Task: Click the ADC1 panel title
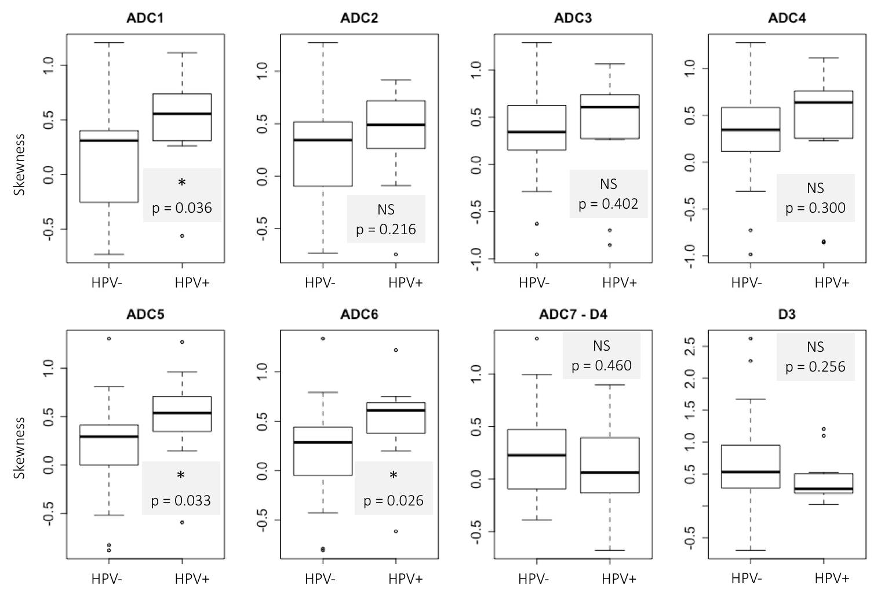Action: click(145, 18)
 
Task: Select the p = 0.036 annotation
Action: click(182, 208)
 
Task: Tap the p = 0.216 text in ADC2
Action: click(386, 229)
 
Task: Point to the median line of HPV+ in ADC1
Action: click(182, 114)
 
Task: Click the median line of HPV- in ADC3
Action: click(537, 132)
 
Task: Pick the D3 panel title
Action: click(787, 315)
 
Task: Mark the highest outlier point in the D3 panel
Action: click(751, 339)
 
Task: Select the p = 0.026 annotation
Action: click(394, 500)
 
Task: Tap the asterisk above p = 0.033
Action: click(181, 476)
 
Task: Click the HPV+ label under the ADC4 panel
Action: click(832, 283)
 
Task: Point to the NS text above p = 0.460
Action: click(602, 346)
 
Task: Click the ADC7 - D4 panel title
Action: click(573, 315)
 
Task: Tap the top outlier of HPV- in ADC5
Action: click(109, 339)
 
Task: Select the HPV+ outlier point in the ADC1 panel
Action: click(182, 236)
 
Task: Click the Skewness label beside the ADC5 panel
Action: click(20, 448)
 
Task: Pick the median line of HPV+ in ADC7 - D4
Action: click(610, 472)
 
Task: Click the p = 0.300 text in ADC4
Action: click(816, 208)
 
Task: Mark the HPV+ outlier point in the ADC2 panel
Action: click(396, 254)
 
